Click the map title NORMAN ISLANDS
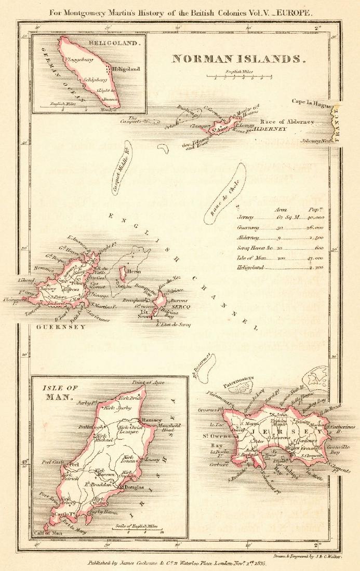[239, 59]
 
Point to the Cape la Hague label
[311, 102]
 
